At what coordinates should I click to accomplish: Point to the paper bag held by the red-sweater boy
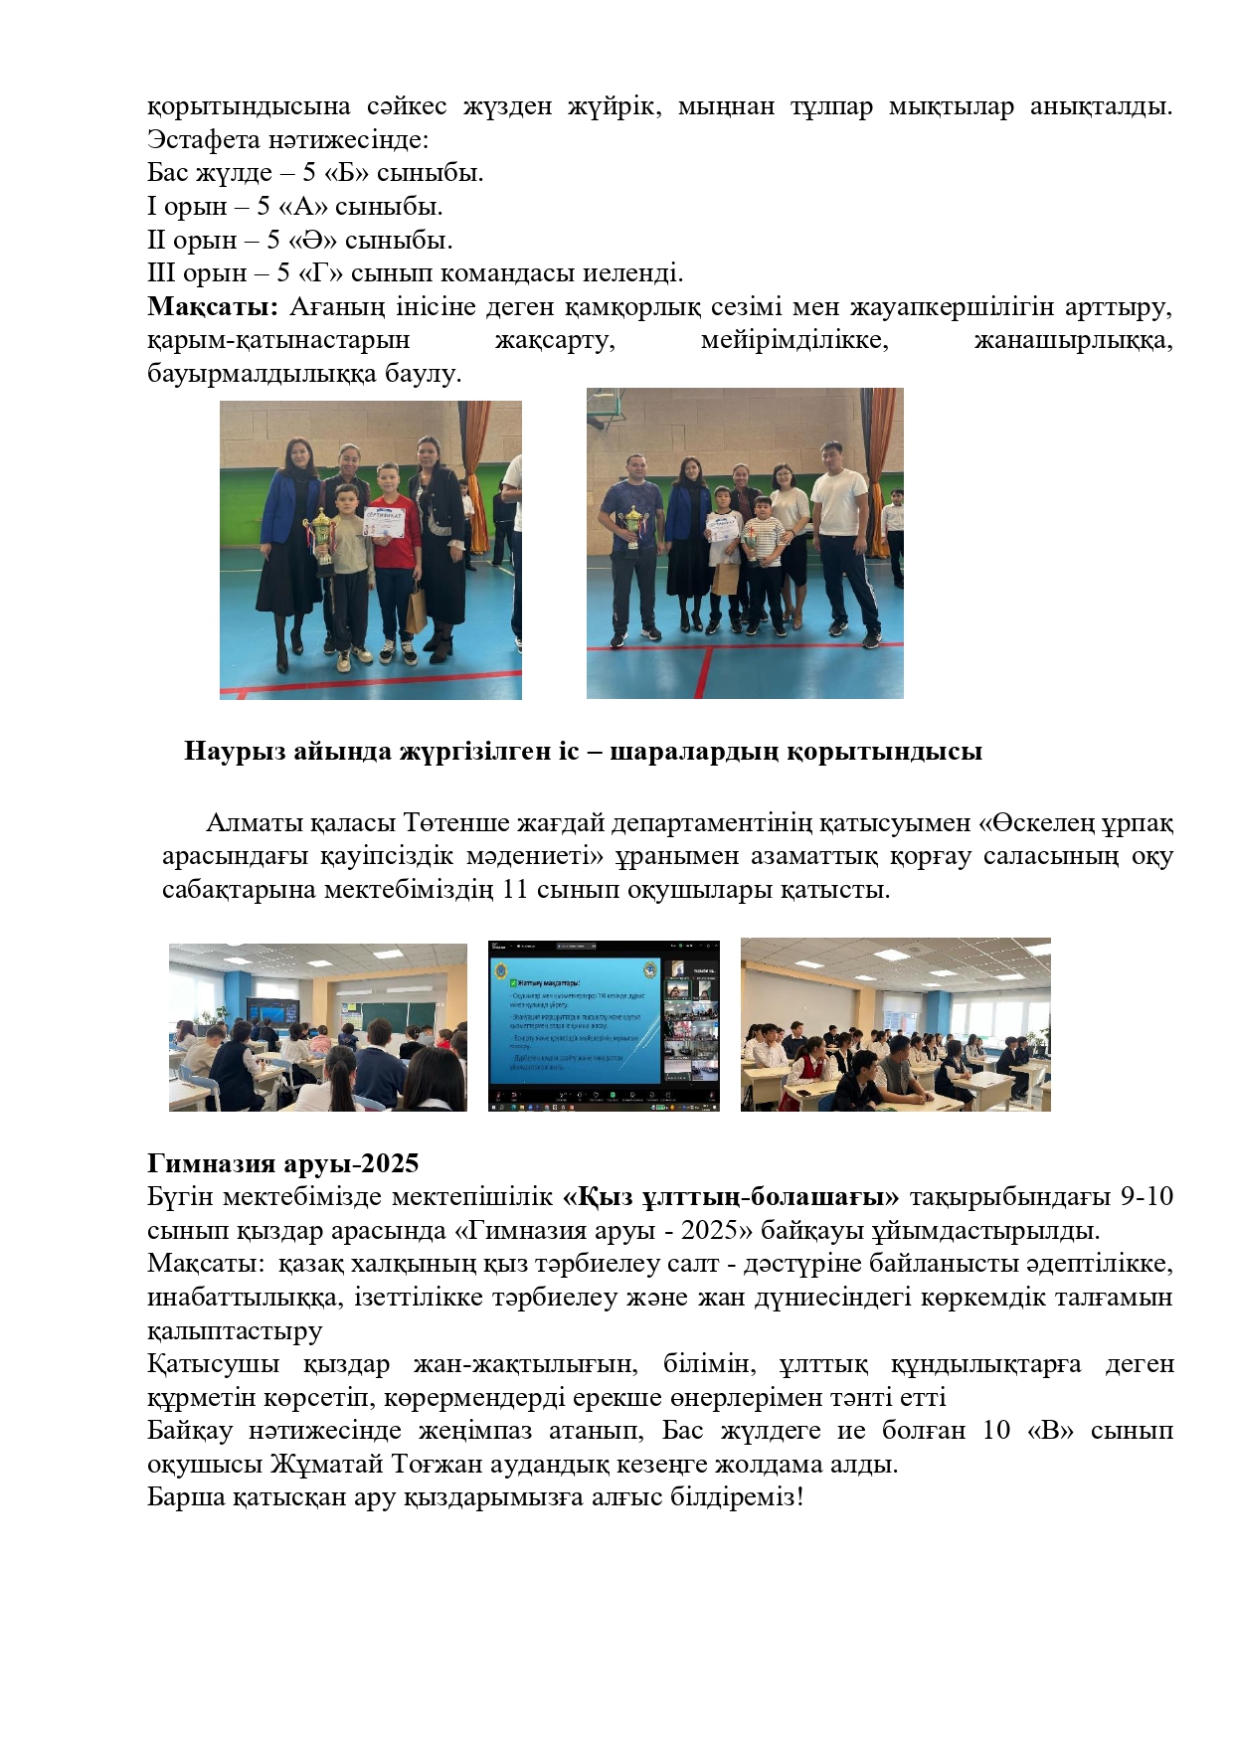click(415, 610)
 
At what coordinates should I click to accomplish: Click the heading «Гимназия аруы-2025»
click(282, 1163)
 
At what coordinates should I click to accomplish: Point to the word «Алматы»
click(254, 823)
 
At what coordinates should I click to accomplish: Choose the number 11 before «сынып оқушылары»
click(514, 889)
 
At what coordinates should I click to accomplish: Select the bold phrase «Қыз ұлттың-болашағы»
click(731, 1196)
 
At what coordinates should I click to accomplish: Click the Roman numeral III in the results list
click(160, 273)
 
